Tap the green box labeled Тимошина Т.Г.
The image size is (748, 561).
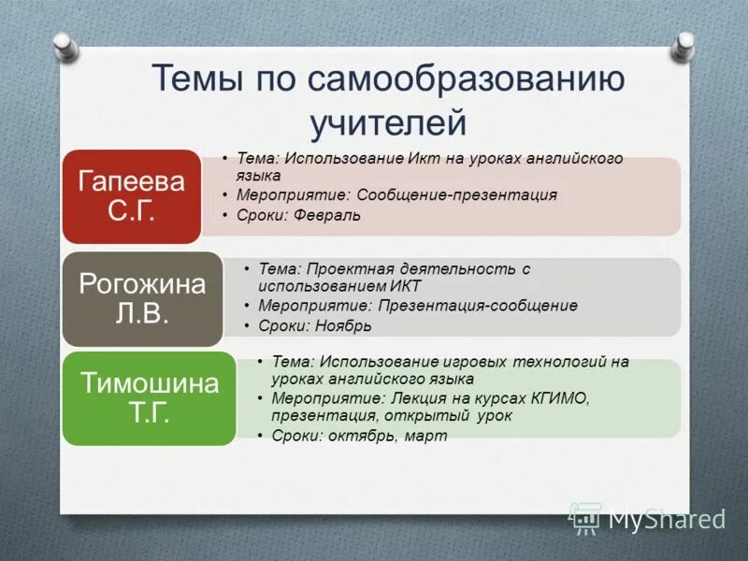coord(150,398)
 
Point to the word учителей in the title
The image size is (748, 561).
coord(387,122)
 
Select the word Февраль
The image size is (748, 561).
coord(327,215)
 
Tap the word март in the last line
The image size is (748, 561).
coord(425,436)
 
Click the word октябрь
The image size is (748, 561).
coord(359,436)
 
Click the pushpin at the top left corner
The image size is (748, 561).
coord(64,43)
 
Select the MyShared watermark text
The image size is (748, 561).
coord(666,519)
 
